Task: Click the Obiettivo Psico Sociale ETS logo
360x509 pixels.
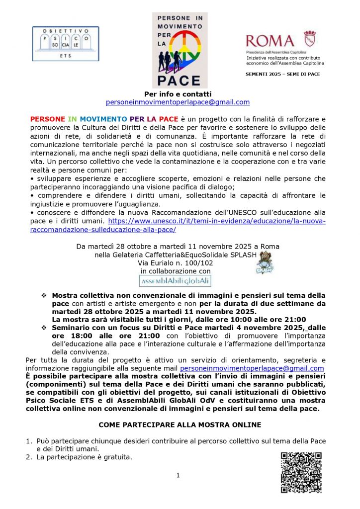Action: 65,43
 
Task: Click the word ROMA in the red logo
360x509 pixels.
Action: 270,40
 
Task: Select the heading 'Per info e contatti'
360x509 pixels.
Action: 178,94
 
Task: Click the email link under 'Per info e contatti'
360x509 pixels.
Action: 178,102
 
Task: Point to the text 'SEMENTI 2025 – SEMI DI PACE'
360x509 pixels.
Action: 283,74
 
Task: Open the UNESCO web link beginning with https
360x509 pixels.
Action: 216,221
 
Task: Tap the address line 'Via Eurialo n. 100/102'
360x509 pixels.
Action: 178,263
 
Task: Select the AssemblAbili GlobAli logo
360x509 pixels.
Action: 178,281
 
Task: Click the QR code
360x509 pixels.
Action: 301,472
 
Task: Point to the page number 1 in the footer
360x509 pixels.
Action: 178,476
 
